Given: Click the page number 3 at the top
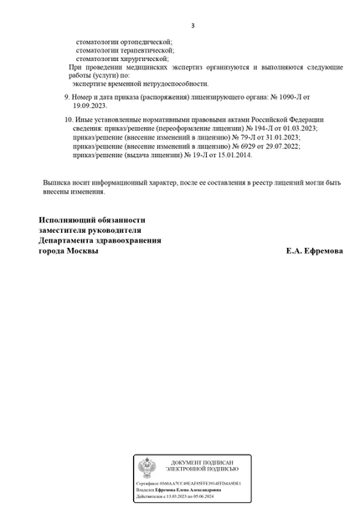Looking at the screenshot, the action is [x=193, y=26].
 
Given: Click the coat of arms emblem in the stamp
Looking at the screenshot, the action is [x=146, y=467].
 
